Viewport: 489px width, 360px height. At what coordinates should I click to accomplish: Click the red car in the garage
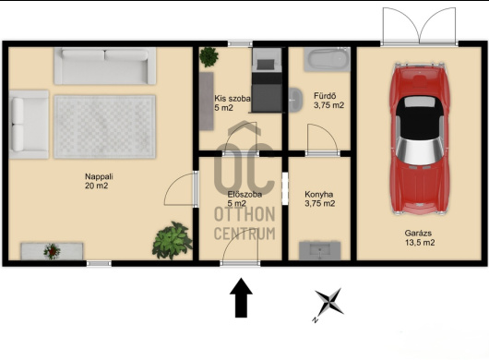click(420, 138)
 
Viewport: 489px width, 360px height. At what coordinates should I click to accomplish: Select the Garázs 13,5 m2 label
click(420, 238)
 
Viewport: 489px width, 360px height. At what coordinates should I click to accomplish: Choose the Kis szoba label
click(232, 99)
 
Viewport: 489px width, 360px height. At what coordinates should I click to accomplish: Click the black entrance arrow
click(241, 297)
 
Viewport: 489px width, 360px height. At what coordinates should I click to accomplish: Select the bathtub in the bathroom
click(328, 59)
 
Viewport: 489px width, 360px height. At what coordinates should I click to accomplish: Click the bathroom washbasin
click(295, 100)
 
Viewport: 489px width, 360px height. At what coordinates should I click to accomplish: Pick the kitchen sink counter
click(320, 250)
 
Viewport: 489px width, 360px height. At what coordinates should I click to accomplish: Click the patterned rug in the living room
click(104, 127)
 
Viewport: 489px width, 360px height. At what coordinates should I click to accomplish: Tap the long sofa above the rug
click(105, 66)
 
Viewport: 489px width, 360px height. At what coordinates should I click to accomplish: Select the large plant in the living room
click(172, 241)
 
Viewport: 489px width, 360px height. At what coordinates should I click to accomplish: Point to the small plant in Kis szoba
click(209, 57)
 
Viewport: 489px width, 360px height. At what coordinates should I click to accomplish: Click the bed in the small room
click(268, 80)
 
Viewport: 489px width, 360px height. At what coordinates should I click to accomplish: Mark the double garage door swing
click(420, 26)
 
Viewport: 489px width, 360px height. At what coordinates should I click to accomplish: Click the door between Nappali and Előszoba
click(181, 189)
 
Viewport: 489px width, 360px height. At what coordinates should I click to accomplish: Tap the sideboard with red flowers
click(52, 251)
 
